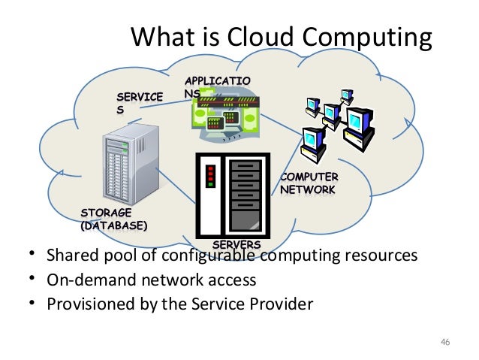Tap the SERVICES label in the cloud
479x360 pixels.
point(138,102)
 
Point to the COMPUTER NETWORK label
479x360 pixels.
point(308,183)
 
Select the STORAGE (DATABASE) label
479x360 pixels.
point(113,219)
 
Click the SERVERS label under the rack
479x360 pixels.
point(236,246)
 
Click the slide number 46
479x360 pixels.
point(444,343)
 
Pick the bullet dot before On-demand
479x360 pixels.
point(33,280)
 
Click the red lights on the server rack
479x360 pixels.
point(212,176)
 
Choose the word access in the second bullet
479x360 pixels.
point(233,280)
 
